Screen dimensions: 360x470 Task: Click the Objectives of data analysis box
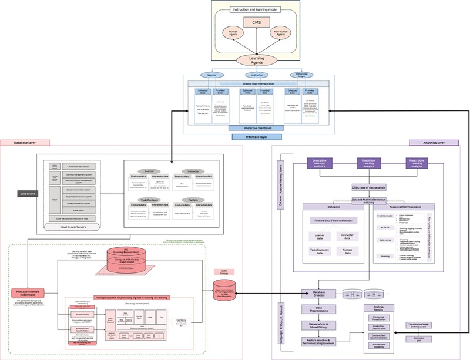(x=369, y=187)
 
